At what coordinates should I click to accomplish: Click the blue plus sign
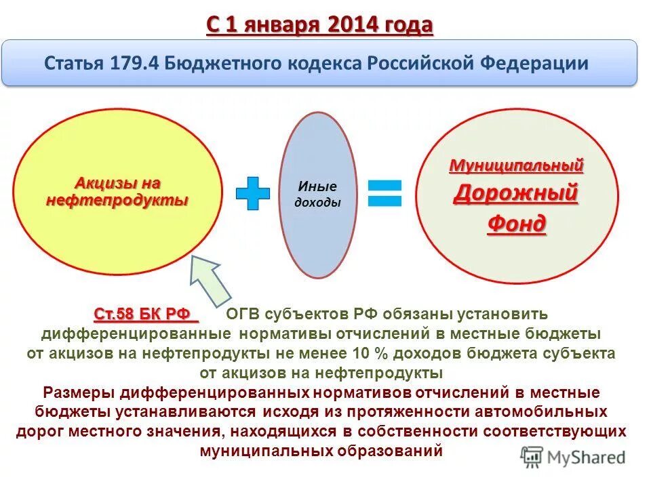(x=252, y=194)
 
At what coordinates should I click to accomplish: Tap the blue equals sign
(x=384, y=193)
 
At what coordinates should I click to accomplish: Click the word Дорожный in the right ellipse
(x=515, y=193)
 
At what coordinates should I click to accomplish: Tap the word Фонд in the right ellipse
(x=516, y=224)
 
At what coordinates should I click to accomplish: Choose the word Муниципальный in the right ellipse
(x=516, y=165)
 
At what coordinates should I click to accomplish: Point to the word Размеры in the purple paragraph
(x=79, y=392)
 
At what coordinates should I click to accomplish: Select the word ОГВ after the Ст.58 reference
(x=243, y=314)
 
